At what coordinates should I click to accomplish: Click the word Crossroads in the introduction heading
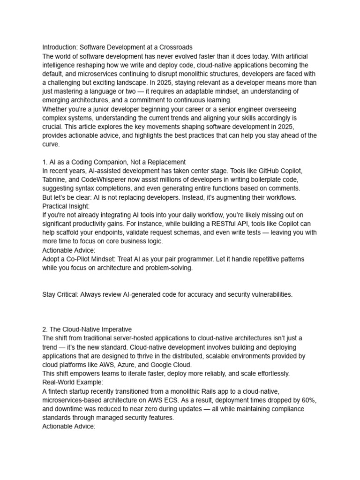174,47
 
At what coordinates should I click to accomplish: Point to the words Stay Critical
60,294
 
